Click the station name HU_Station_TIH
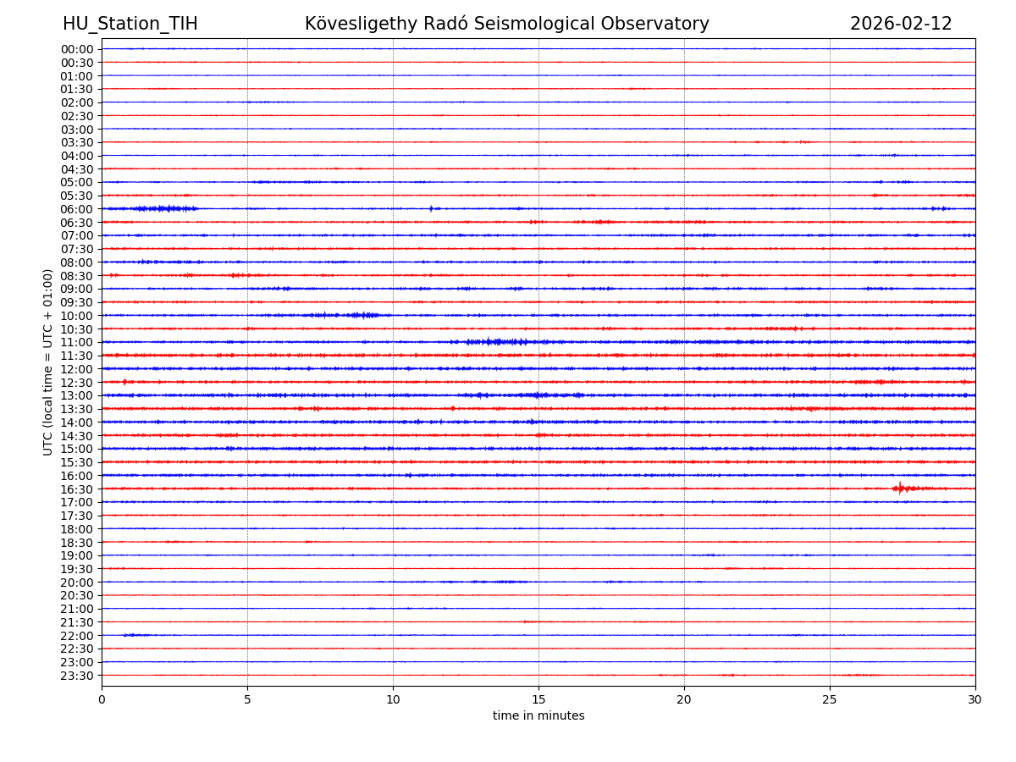click(x=130, y=24)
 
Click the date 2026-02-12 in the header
click(x=901, y=24)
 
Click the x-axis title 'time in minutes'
click(x=538, y=716)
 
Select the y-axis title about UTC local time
click(x=48, y=362)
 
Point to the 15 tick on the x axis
click(x=538, y=699)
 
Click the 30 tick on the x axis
click(x=975, y=699)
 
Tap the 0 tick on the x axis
click(x=102, y=699)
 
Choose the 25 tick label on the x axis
click(x=830, y=699)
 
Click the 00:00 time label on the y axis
click(x=77, y=49)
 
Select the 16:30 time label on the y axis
click(x=77, y=489)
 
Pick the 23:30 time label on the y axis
click(x=77, y=676)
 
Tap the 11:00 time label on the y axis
click(x=77, y=342)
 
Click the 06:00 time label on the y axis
click(x=77, y=209)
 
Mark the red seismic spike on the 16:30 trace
click(x=900, y=489)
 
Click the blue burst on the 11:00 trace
click(x=495, y=342)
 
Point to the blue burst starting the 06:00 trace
click(x=161, y=208)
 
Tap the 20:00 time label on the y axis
click(x=77, y=583)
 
